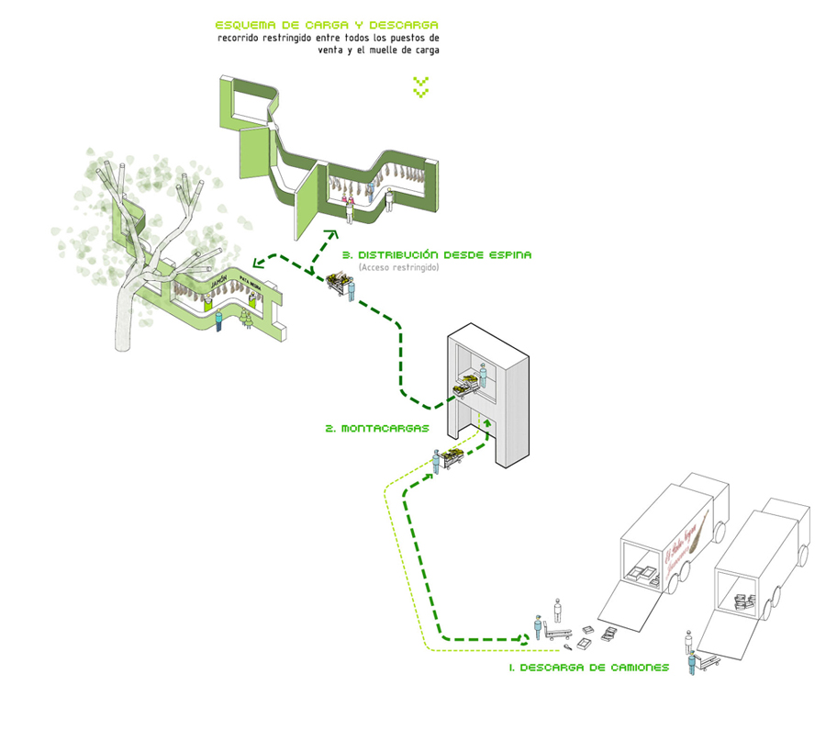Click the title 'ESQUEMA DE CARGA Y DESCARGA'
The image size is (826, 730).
click(326, 25)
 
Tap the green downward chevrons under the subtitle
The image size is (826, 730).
click(420, 88)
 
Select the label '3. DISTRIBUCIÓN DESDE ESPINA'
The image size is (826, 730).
click(435, 254)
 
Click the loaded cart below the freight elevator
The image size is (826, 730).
click(451, 458)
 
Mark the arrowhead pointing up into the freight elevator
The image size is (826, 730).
click(487, 421)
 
